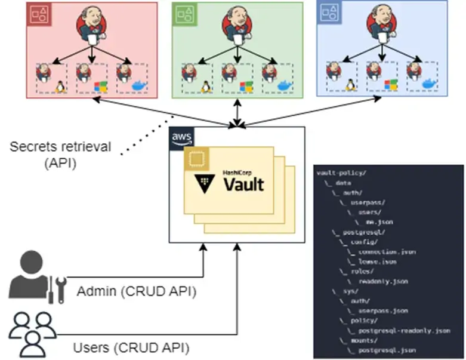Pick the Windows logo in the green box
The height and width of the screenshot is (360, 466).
coord(246,87)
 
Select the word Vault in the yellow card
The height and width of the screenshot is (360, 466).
coord(243,183)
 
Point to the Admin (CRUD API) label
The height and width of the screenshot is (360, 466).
coord(137,293)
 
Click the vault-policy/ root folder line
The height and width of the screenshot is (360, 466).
coord(342,173)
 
